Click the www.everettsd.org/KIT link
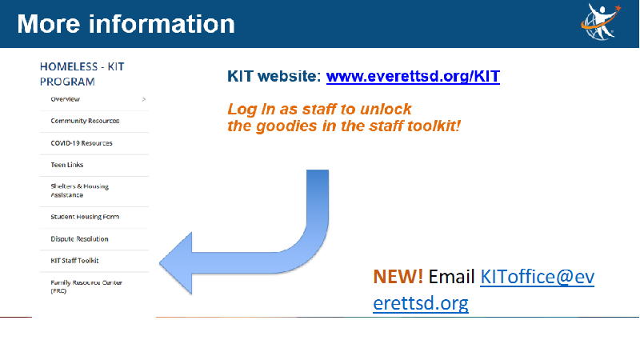[x=413, y=76]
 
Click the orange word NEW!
[x=398, y=277]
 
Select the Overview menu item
[x=66, y=99]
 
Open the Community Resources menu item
[x=85, y=121]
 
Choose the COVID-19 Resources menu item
[x=82, y=143]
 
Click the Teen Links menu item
[x=67, y=165]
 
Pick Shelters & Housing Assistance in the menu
[x=79, y=190]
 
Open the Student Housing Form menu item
[x=85, y=217]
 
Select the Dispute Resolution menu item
[x=79, y=238]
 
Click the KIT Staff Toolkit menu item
[x=74, y=261]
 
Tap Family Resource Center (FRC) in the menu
[x=86, y=286]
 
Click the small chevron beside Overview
[x=144, y=99]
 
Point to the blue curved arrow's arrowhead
[x=175, y=263]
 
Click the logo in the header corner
[x=601, y=22]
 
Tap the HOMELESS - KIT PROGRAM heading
[x=82, y=74]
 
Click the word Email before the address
[x=451, y=277]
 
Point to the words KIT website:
[x=274, y=76]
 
